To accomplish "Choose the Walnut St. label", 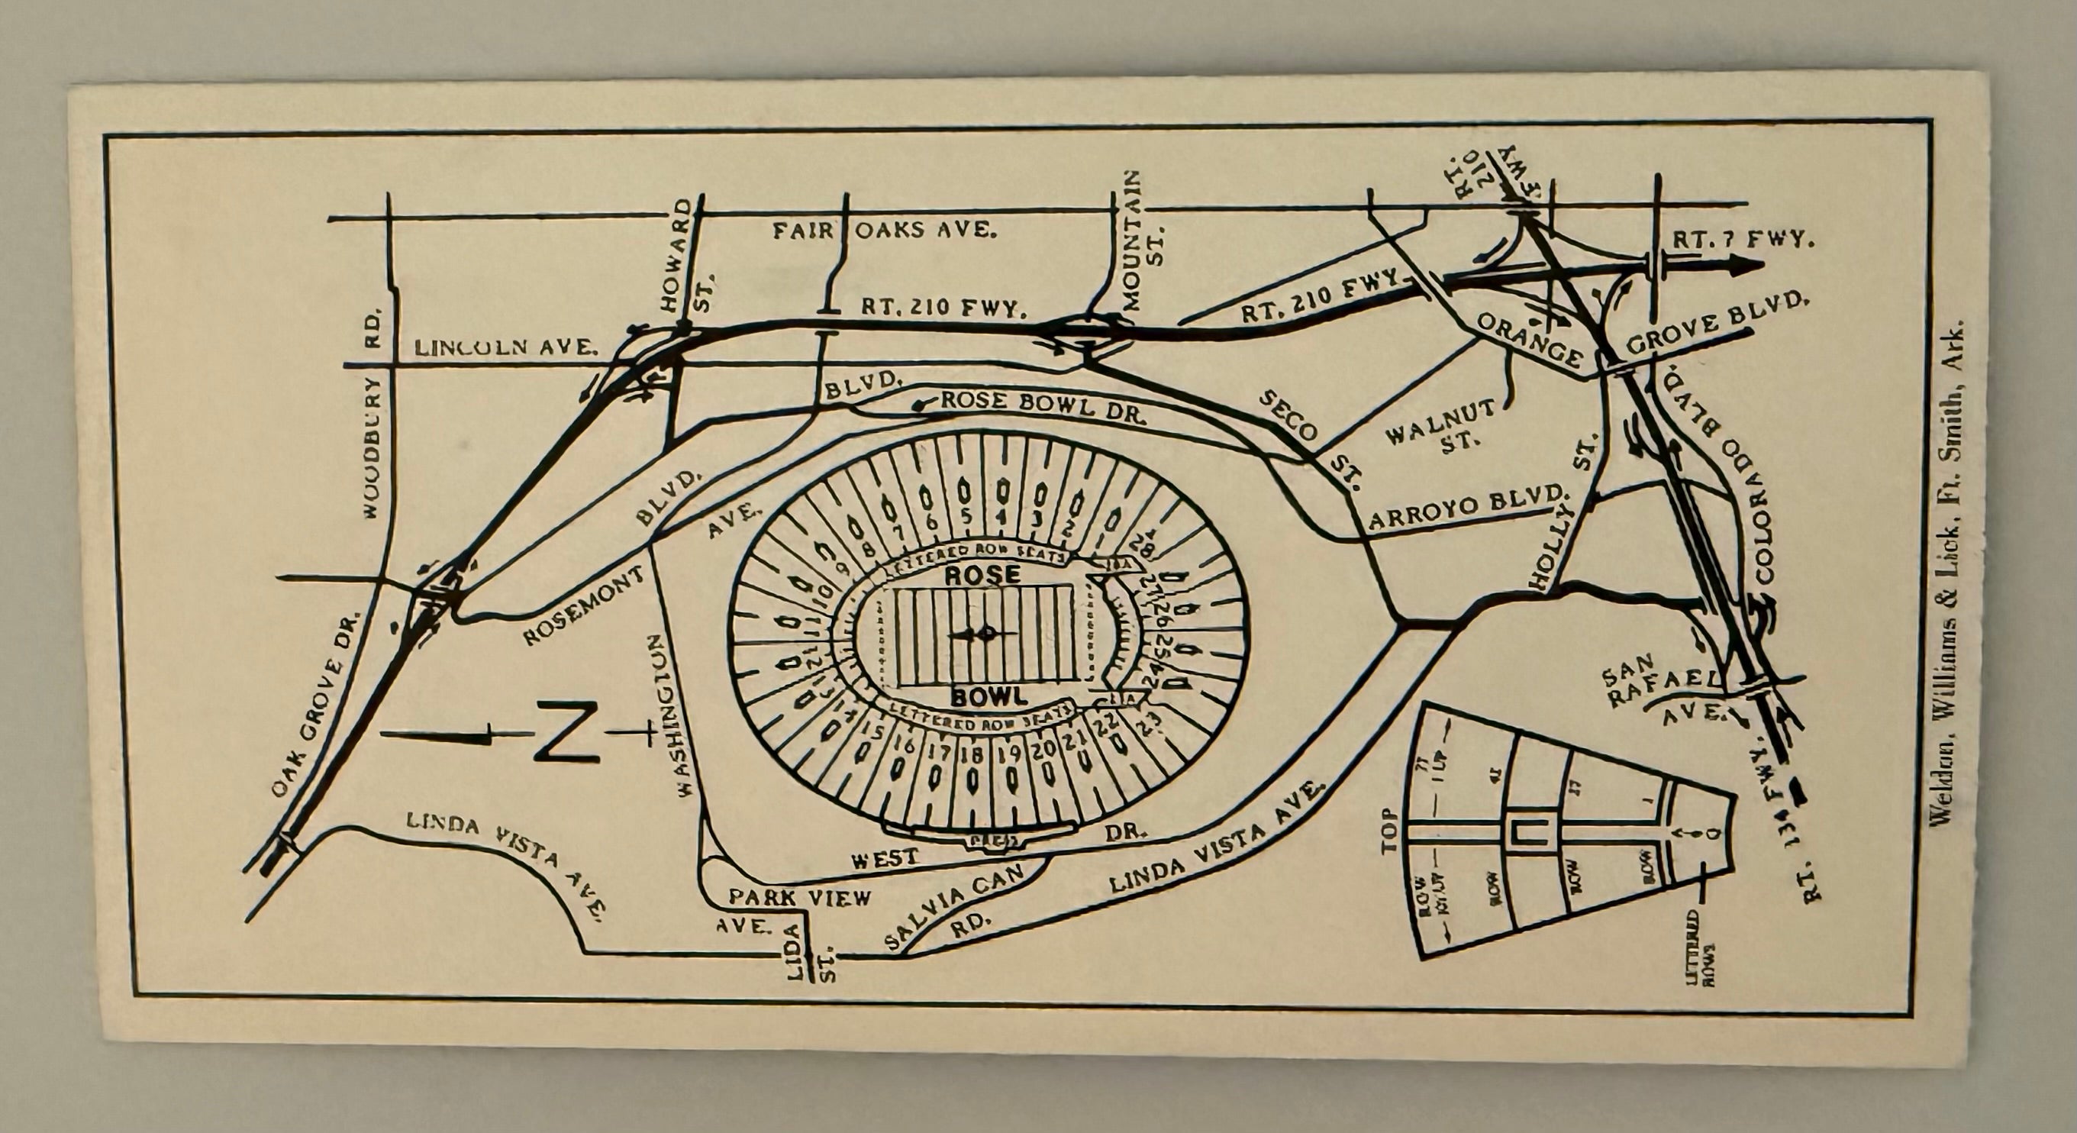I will click(x=1442, y=424).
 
